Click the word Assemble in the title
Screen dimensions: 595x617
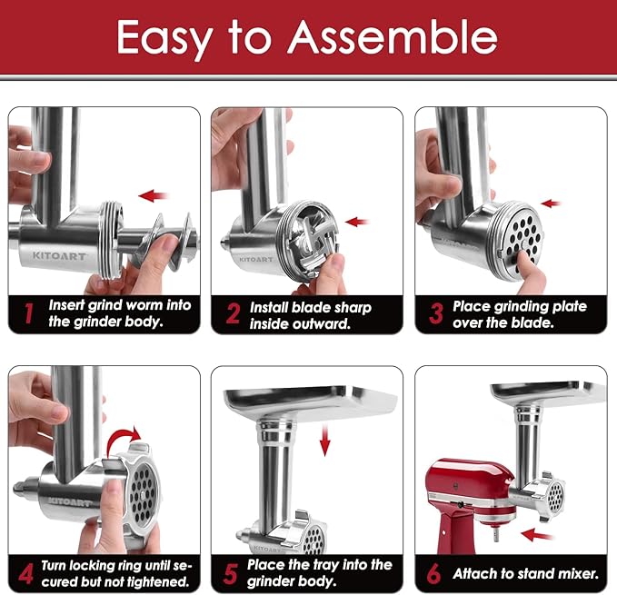click(393, 37)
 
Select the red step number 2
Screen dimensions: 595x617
click(232, 314)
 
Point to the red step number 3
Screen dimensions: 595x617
click(436, 314)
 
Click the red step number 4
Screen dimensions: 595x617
click(27, 573)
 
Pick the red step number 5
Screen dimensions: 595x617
click(232, 573)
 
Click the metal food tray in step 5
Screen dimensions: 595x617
click(310, 401)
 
